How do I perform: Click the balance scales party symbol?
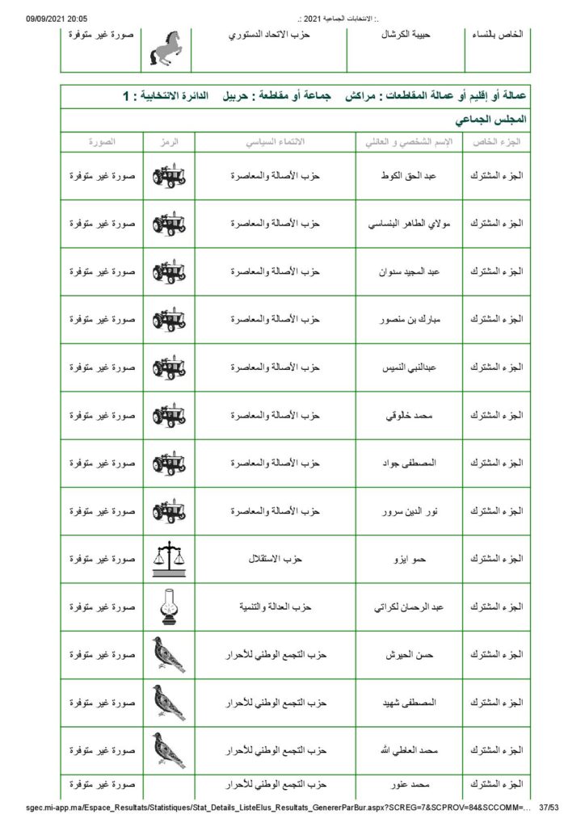tap(168, 559)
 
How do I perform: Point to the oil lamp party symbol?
tap(168, 607)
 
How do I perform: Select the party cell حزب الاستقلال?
tap(275, 559)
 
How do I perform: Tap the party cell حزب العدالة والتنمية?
tap(275, 607)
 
